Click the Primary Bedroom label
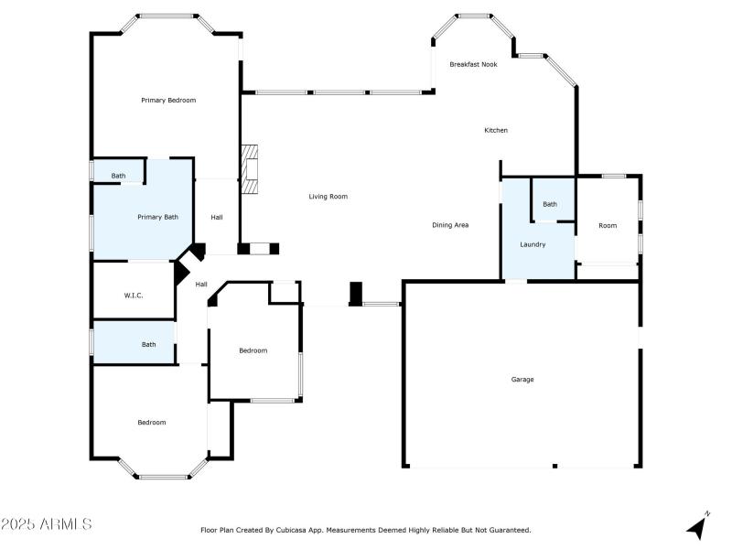pyautogui.click(x=168, y=100)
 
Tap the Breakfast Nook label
pyautogui.click(x=473, y=64)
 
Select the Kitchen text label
pyautogui.click(x=496, y=130)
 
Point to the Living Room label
pyautogui.click(x=328, y=196)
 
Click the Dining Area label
pyautogui.click(x=450, y=224)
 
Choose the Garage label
pyautogui.click(x=522, y=379)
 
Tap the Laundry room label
pyautogui.click(x=533, y=244)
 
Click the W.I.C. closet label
pyautogui.click(x=134, y=295)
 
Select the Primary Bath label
pyautogui.click(x=157, y=217)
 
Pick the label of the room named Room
pyautogui.click(x=608, y=225)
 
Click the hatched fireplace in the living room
pyautogui.click(x=251, y=169)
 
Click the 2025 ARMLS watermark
pyautogui.click(x=46, y=524)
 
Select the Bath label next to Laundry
pyautogui.click(x=549, y=204)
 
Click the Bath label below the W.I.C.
pyautogui.click(x=148, y=344)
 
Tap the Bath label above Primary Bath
pyautogui.click(x=119, y=176)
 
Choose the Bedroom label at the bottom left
pyautogui.click(x=152, y=422)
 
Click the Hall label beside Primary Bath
pyautogui.click(x=217, y=217)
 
